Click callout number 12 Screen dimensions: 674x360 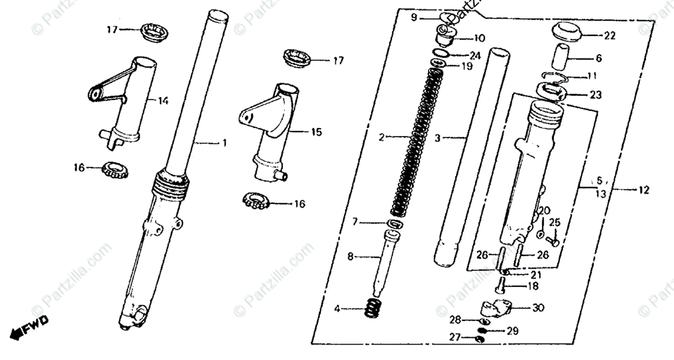click(x=644, y=190)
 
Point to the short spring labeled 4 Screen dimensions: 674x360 click(x=373, y=308)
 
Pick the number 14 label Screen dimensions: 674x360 click(x=163, y=101)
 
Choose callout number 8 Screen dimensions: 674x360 click(x=350, y=257)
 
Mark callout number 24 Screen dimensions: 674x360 click(x=475, y=56)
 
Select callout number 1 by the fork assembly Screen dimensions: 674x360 click(x=224, y=144)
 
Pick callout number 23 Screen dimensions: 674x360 click(x=595, y=95)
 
